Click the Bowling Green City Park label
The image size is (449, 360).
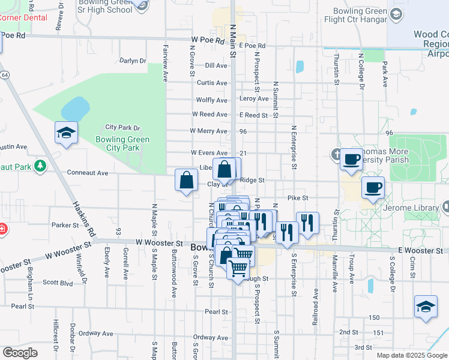click(x=122, y=144)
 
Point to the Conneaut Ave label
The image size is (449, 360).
click(x=87, y=173)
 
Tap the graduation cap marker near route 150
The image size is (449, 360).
click(x=426, y=306)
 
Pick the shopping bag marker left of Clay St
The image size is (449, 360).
click(x=187, y=180)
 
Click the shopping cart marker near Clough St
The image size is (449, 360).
click(x=238, y=268)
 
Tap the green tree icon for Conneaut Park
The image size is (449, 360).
click(x=40, y=165)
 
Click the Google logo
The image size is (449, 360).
click(x=20, y=353)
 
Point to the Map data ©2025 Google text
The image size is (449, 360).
click(x=411, y=355)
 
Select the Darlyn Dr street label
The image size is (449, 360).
click(x=133, y=61)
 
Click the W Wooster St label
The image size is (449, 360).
click(x=159, y=243)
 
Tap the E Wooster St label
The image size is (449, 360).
click(x=419, y=250)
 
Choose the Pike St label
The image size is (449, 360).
click(x=297, y=197)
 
